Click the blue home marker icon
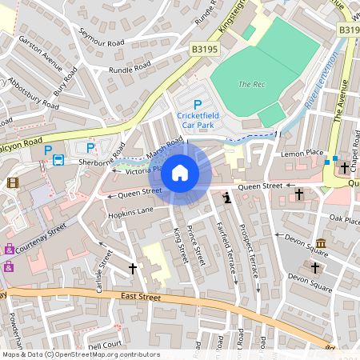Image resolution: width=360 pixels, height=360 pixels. [180, 172]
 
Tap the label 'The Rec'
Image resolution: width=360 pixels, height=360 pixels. [251, 84]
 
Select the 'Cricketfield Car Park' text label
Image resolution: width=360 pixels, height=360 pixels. [198, 120]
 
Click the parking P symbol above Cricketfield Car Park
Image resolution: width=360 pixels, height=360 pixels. [198, 104]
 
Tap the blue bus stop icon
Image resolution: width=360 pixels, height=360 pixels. [58, 160]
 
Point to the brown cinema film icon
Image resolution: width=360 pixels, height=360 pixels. [12, 182]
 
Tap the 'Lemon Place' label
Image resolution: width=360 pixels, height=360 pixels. [302, 152]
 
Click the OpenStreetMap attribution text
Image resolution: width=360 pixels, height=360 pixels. [80, 354]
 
